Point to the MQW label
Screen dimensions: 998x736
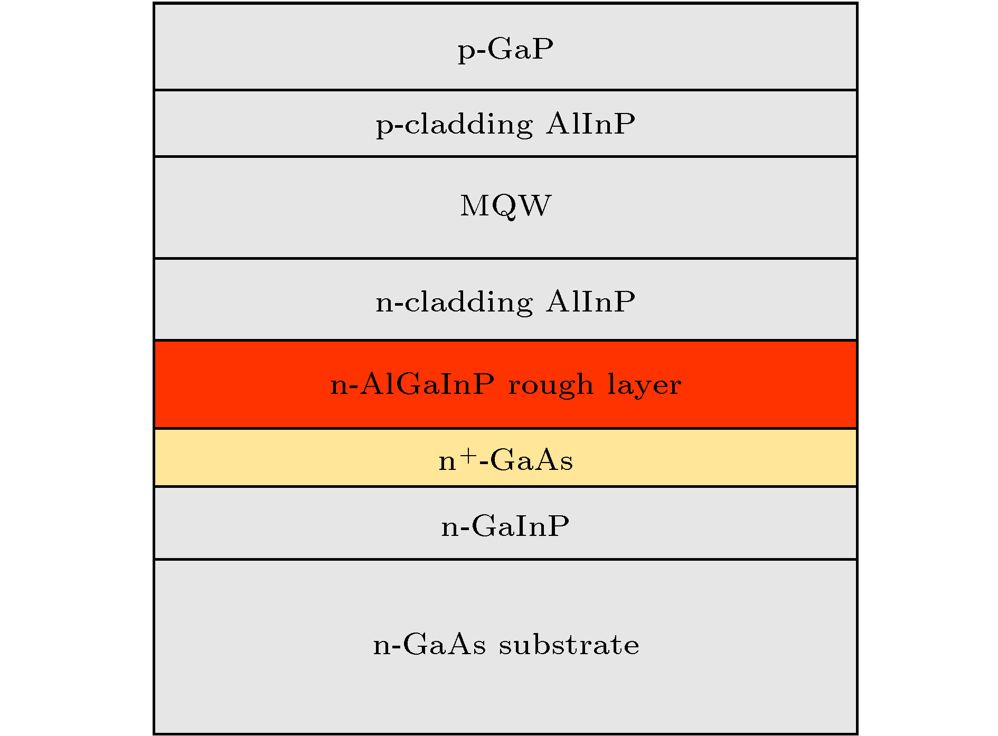click(x=505, y=206)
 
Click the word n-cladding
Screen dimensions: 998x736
click(x=454, y=302)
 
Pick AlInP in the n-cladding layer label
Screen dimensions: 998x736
click(x=590, y=301)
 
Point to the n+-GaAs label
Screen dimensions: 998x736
click(x=505, y=459)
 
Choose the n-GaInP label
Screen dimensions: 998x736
click(x=505, y=526)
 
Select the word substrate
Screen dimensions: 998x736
click(x=569, y=644)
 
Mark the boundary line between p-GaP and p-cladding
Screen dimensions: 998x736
click(x=505, y=90)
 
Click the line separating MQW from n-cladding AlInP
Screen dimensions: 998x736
click(x=505, y=258)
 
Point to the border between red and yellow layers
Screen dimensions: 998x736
click(x=505, y=428)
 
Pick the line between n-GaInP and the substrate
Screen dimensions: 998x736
click(x=505, y=559)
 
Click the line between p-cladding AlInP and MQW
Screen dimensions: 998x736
click(x=505, y=156)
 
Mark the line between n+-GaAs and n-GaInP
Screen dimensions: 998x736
click(x=505, y=486)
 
